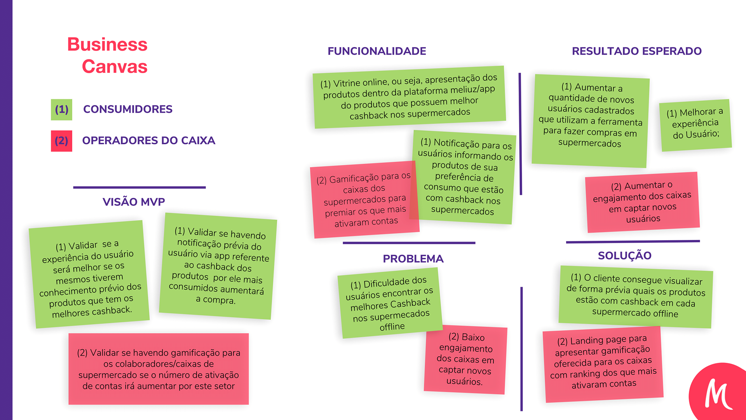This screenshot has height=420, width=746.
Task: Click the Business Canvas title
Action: pos(108,55)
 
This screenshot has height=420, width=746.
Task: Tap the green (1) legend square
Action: pos(61,110)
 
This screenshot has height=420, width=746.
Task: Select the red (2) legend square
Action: pos(61,141)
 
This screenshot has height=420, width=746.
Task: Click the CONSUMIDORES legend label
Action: pos(127,109)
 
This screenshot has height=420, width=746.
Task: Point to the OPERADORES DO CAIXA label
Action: pos(148,140)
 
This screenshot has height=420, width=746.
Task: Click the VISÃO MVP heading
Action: pos(134,202)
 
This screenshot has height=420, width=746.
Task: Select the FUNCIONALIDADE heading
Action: pos(376,51)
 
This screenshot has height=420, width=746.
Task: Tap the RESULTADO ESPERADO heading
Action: pos(636,51)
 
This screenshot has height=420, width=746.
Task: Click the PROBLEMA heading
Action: pos(413,259)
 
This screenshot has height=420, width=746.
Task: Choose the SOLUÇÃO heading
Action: pos(624,255)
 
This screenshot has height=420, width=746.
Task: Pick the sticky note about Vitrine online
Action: pos(409,97)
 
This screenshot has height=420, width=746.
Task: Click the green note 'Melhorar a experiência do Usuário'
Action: pos(695,124)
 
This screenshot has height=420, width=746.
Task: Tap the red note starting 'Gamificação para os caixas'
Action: pos(364,200)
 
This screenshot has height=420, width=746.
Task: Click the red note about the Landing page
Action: pos(603,363)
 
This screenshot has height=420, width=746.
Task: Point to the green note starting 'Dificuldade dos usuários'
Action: pos(390,303)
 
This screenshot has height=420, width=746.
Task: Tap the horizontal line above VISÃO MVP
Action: pos(139,187)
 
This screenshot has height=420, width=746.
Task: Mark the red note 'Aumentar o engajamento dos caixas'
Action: pos(642,202)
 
